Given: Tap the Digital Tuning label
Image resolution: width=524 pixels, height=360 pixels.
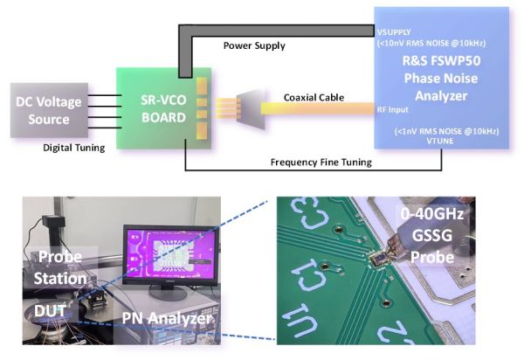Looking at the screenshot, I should (x=74, y=148).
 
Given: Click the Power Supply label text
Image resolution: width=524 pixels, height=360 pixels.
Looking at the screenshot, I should (x=253, y=45).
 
